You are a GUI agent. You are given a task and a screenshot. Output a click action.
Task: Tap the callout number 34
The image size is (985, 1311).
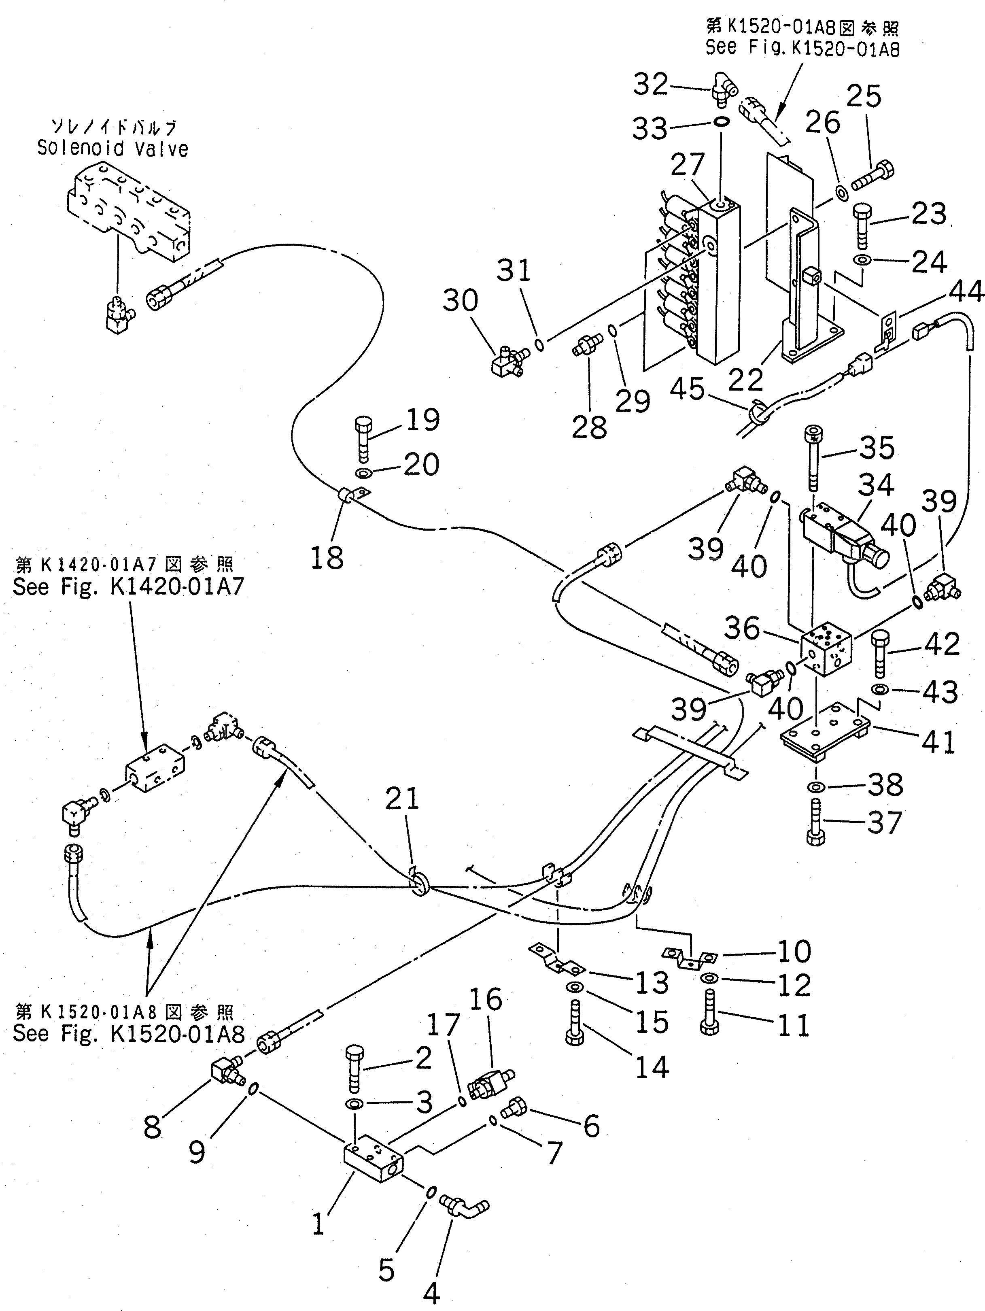tap(875, 485)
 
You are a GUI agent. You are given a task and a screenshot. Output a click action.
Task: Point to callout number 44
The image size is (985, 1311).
tap(966, 291)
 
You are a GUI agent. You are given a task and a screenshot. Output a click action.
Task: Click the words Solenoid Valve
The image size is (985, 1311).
tap(113, 148)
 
